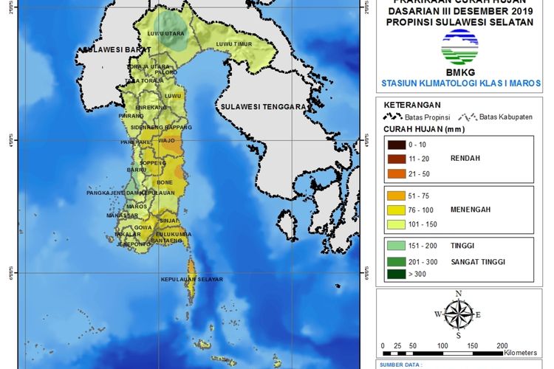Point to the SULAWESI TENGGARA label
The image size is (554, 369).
coord(261,107)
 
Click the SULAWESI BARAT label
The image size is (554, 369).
coord(109,50)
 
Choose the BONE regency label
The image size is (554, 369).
coord(165,182)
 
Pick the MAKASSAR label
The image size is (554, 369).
coord(122,215)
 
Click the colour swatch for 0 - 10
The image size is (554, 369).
coord(395,144)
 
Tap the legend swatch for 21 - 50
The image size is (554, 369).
coord(395,173)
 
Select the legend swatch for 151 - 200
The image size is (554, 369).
coord(395,246)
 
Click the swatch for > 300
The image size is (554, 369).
coord(395,275)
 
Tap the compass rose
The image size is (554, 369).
coord(459,315)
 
